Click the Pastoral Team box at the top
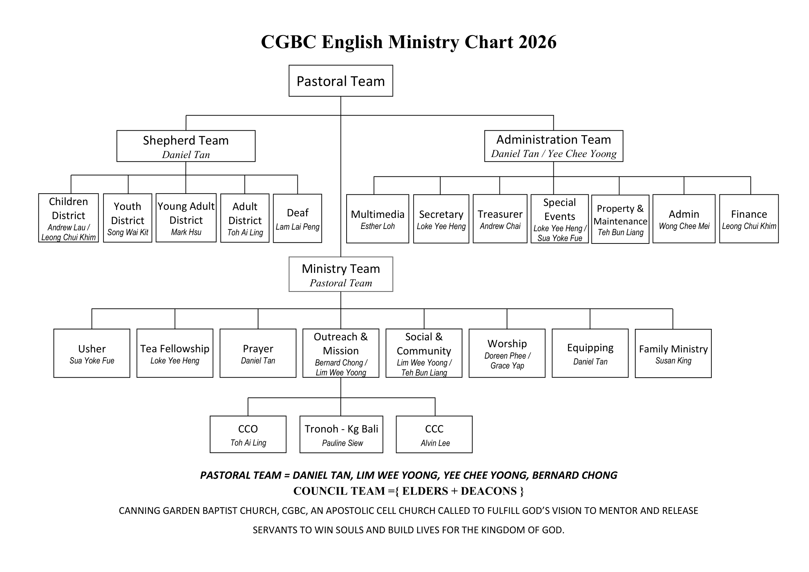(x=340, y=81)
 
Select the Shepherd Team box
(x=186, y=146)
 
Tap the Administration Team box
(x=553, y=146)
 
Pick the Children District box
(x=68, y=218)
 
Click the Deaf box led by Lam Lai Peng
(x=297, y=218)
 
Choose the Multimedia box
(x=377, y=219)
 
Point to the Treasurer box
(x=500, y=219)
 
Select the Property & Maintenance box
(x=620, y=219)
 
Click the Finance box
(x=749, y=219)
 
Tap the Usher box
(x=92, y=353)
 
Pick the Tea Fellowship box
(x=175, y=353)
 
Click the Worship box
(x=507, y=353)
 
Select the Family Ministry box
(x=673, y=353)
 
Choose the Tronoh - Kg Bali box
(x=341, y=434)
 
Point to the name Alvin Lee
(x=435, y=443)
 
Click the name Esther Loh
(x=377, y=226)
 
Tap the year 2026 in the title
(x=537, y=42)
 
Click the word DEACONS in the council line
(x=489, y=491)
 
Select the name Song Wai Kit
(x=128, y=232)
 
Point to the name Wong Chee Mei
(x=684, y=226)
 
